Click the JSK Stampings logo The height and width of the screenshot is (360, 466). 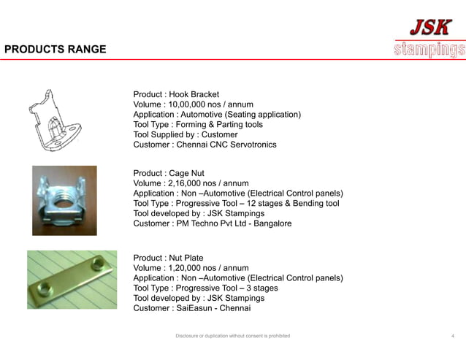click(x=429, y=37)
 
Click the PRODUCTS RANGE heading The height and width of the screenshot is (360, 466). click(x=56, y=50)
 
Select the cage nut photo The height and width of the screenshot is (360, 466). click(x=64, y=200)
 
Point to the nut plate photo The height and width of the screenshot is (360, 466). click(x=72, y=280)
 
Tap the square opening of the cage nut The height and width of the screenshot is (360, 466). click(x=64, y=199)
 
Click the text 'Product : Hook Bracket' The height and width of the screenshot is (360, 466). click(x=176, y=94)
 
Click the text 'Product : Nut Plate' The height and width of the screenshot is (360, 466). click(x=168, y=258)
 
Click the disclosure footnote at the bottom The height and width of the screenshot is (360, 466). click(x=233, y=336)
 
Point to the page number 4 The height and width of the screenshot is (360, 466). click(x=453, y=336)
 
